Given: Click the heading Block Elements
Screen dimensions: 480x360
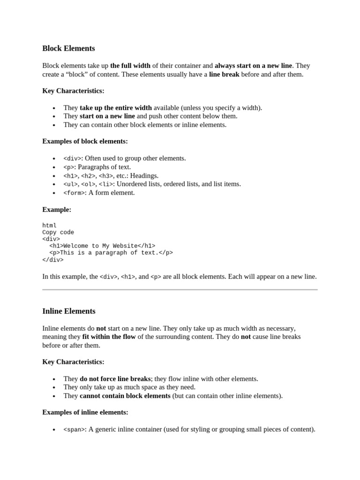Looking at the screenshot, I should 68,48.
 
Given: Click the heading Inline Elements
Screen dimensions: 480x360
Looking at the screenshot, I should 68,311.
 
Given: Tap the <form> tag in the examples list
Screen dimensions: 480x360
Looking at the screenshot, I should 74,193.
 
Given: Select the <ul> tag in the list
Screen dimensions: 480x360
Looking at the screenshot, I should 70,184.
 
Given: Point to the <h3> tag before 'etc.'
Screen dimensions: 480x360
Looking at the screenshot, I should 105,176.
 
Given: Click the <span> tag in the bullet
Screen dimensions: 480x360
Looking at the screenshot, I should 74,429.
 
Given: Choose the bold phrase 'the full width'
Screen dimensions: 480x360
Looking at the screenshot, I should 131,66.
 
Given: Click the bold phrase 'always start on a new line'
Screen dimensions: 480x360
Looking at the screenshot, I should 253,66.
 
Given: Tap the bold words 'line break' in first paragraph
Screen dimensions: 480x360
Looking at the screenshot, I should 224,74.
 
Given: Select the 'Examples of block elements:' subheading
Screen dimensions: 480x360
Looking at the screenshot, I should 85,141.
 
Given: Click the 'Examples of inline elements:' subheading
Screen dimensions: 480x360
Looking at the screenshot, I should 85,412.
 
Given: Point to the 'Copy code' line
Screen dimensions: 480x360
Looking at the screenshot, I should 58,232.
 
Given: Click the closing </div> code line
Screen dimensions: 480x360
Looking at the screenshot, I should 53,260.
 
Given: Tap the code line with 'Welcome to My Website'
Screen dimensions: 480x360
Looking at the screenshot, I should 102,246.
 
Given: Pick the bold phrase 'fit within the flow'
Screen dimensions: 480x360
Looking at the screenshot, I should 109,337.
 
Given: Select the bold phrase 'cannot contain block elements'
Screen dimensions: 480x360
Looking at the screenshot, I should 125,396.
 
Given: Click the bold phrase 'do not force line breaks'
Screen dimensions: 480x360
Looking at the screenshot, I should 115,379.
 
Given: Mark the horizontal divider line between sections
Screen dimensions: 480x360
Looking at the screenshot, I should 180,290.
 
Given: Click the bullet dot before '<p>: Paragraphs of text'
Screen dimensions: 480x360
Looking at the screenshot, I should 54,167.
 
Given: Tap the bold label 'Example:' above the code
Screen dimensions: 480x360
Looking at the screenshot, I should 57,210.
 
